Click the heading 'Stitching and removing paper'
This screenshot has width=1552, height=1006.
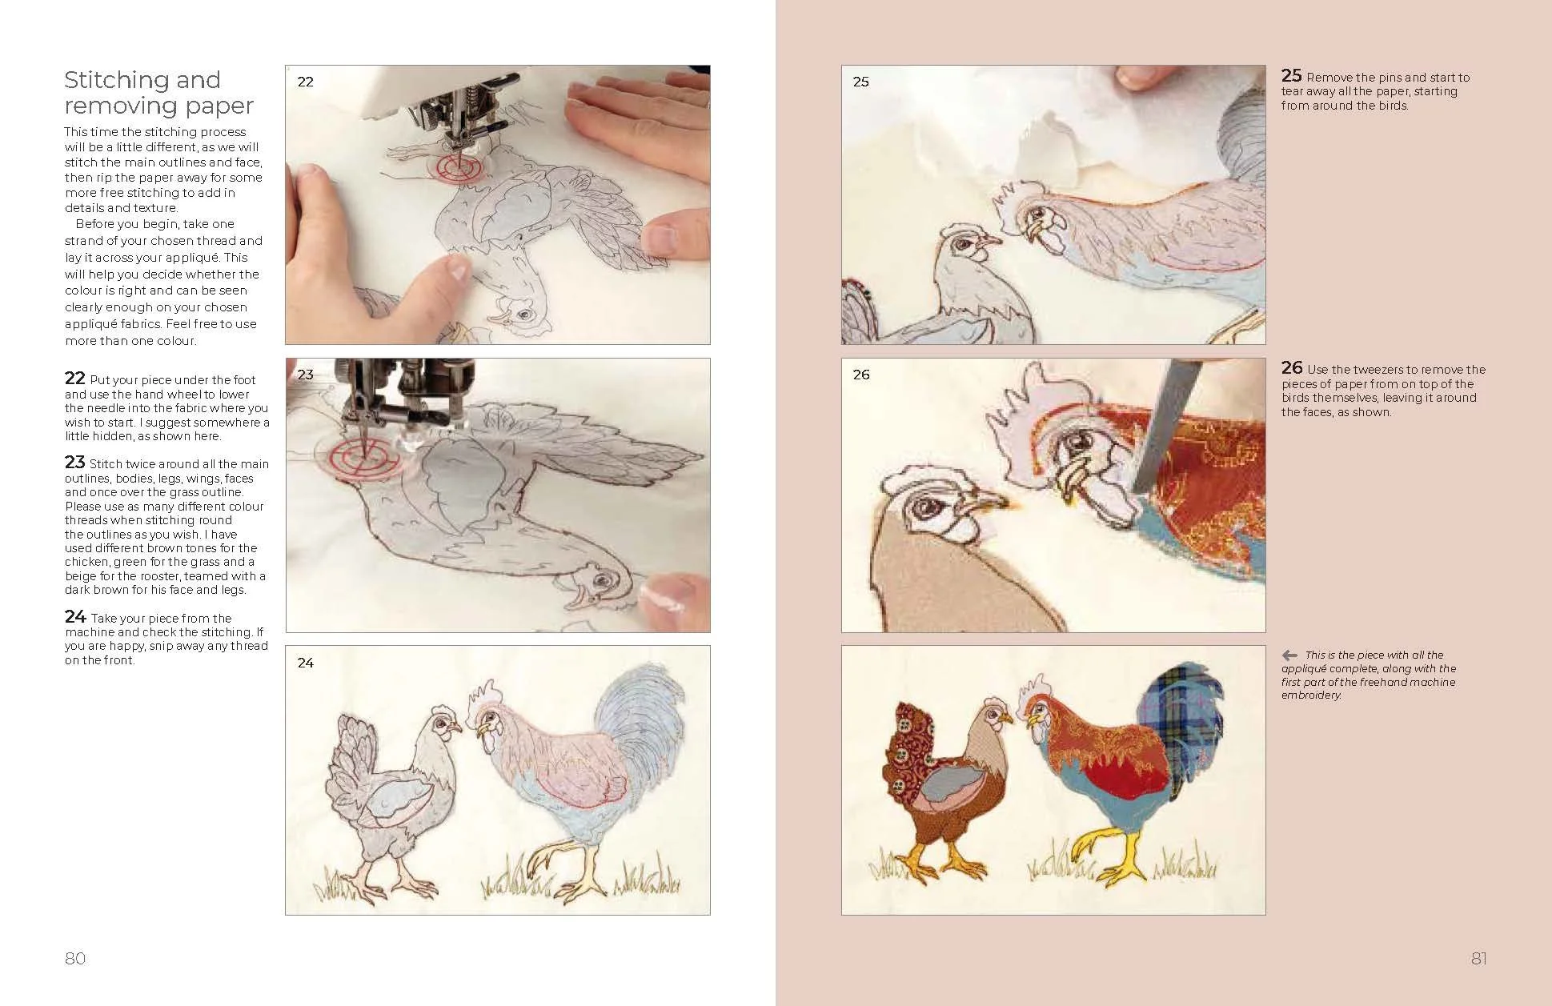point(158,93)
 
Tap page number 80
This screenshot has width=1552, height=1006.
point(75,958)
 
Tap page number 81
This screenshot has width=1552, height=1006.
point(1478,958)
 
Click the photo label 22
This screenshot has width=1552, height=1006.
point(306,82)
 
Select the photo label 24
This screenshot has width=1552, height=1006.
point(306,663)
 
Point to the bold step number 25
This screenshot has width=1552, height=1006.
point(1291,76)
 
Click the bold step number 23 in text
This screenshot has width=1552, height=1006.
point(75,463)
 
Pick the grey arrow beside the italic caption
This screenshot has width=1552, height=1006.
point(1289,655)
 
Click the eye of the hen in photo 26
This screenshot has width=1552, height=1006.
point(929,506)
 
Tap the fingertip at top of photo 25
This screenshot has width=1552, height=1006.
point(1138,76)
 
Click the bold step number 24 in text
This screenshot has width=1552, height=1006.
point(75,617)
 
